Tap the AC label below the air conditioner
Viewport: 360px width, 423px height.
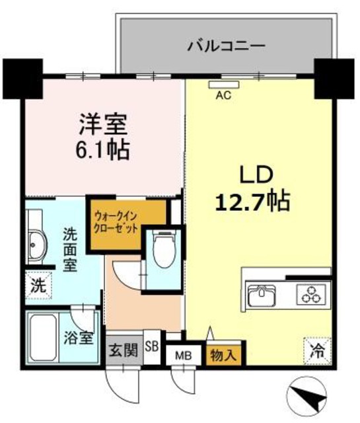[223, 95]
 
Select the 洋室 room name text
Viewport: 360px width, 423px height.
[103, 124]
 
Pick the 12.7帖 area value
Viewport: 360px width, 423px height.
[252, 200]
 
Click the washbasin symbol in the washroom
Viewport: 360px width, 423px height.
[36, 249]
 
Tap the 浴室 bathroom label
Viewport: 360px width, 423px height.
[78, 338]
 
